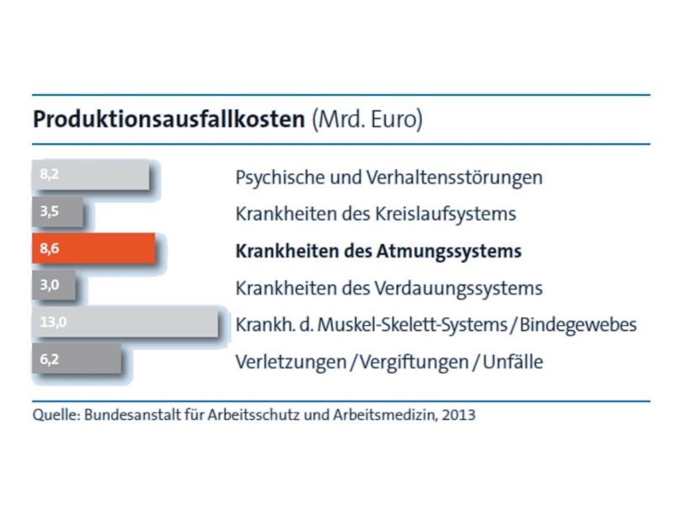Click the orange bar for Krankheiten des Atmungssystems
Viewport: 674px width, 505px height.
pyautogui.click(x=94, y=248)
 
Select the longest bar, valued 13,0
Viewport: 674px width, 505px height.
pyautogui.click(x=125, y=322)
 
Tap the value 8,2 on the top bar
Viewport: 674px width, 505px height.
pyautogui.click(x=50, y=174)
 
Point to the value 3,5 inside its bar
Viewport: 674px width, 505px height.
pyautogui.click(x=50, y=211)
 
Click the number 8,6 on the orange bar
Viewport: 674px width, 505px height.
pyautogui.click(x=50, y=248)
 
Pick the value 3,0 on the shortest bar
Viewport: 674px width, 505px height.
pyautogui.click(x=50, y=284)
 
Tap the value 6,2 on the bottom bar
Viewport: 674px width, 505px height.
pyautogui.click(x=50, y=359)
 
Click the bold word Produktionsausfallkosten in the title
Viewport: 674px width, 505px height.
pyautogui.click(x=169, y=119)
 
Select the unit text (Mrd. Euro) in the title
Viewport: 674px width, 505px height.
pyautogui.click(x=367, y=119)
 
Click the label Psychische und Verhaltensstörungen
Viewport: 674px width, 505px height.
pyautogui.click(x=389, y=178)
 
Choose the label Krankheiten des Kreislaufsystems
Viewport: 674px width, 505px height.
pyautogui.click(x=376, y=214)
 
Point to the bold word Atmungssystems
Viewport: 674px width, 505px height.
pyautogui.click(x=449, y=251)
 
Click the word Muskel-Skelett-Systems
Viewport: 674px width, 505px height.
pyautogui.click(x=412, y=325)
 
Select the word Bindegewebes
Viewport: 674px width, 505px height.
pyautogui.click(x=578, y=325)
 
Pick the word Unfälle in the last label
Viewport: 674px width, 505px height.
pyautogui.click(x=513, y=362)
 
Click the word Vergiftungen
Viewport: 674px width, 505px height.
pyautogui.click(x=414, y=362)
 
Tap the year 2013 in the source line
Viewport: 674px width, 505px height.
pyautogui.click(x=458, y=415)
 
